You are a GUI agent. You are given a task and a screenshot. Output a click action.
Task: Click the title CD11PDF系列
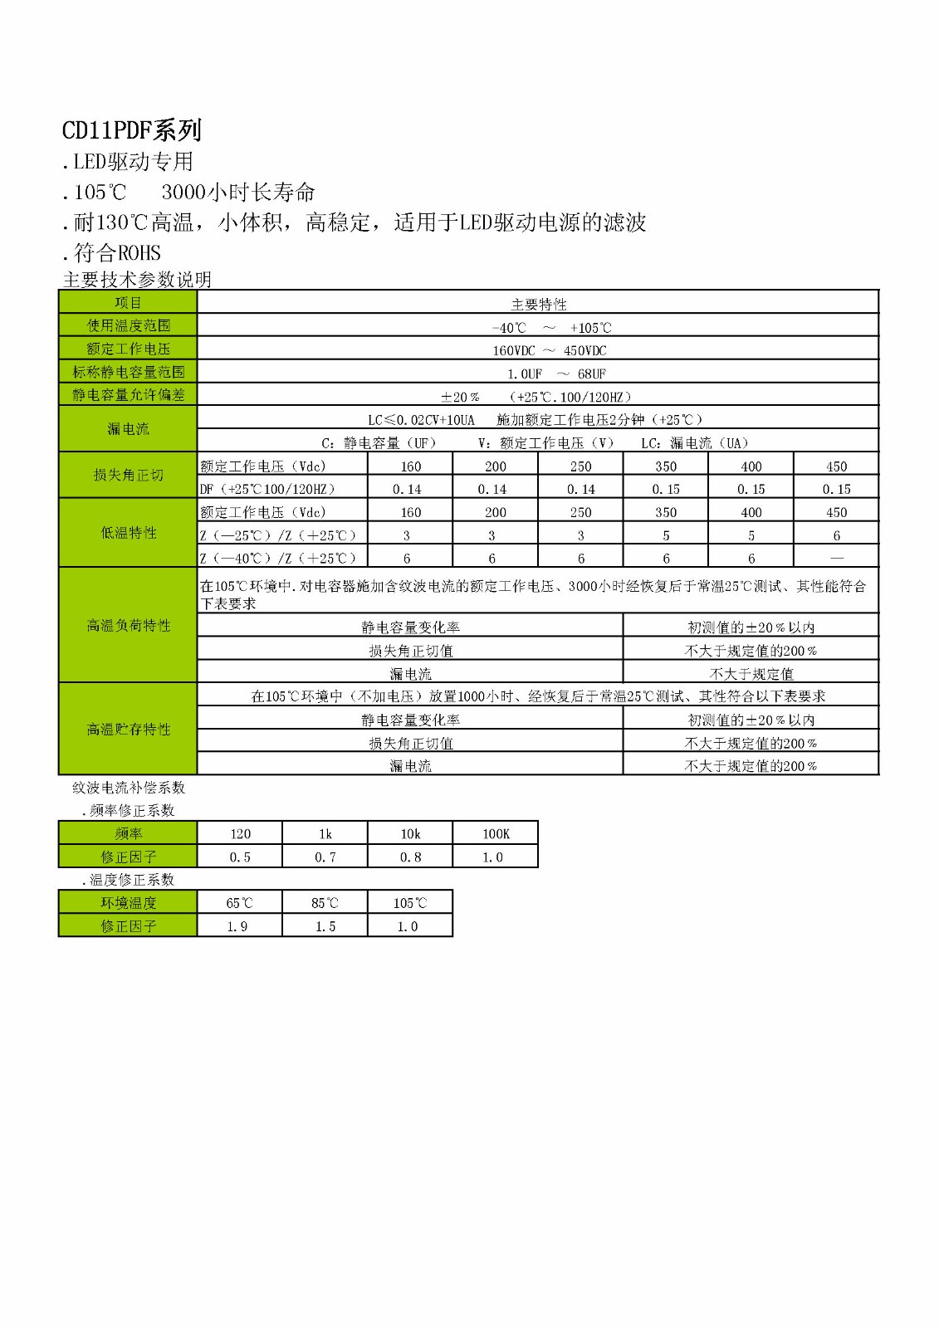pos(132,130)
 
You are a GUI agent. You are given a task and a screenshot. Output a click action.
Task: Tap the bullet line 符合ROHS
pos(112,253)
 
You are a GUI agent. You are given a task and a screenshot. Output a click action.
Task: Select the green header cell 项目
pos(128,303)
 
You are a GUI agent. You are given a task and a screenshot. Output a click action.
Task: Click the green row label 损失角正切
pos(128,476)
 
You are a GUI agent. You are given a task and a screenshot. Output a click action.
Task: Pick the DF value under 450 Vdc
pos(836,489)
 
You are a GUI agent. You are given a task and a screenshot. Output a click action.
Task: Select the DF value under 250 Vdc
pos(580,489)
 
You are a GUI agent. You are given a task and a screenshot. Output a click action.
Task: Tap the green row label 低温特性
pos(128,533)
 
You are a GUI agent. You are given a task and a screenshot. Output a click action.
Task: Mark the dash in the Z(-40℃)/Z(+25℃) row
pos(836,559)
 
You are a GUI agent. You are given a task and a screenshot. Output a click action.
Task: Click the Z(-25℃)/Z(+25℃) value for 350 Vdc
pos(666,535)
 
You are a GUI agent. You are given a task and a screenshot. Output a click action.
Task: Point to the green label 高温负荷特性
pos(128,626)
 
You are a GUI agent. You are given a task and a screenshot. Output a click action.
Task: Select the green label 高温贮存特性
pos(128,730)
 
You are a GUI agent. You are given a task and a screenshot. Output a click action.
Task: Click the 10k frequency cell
pos(410,833)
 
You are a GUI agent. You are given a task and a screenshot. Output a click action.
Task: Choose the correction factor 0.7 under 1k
pos(325,857)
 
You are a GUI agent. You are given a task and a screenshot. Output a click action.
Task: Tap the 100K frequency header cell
pos(496,833)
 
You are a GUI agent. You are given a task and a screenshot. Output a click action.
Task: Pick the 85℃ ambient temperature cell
pos(325,903)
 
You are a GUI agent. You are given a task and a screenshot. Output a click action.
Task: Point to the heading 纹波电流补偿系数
pos(129,788)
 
